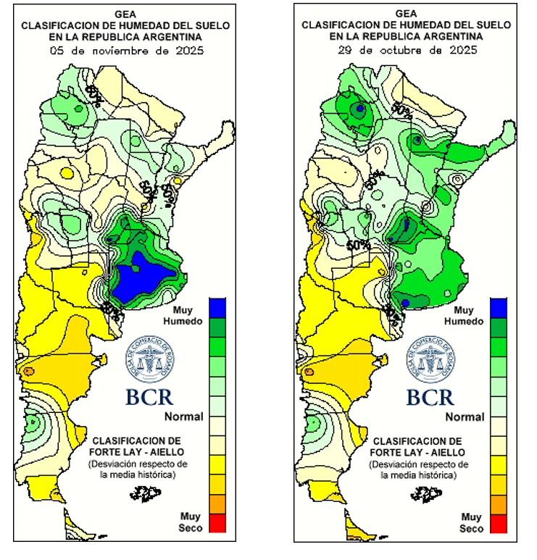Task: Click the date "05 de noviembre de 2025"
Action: click(126, 51)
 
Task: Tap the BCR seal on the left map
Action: click(149, 359)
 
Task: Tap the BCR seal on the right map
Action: click(430, 359)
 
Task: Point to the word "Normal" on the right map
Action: click(465, 417)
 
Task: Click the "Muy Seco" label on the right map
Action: click(471, 522)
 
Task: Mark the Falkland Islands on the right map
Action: click(426, 494)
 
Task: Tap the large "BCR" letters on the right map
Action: click(430, 397)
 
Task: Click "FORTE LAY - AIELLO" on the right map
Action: click(417, 451)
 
